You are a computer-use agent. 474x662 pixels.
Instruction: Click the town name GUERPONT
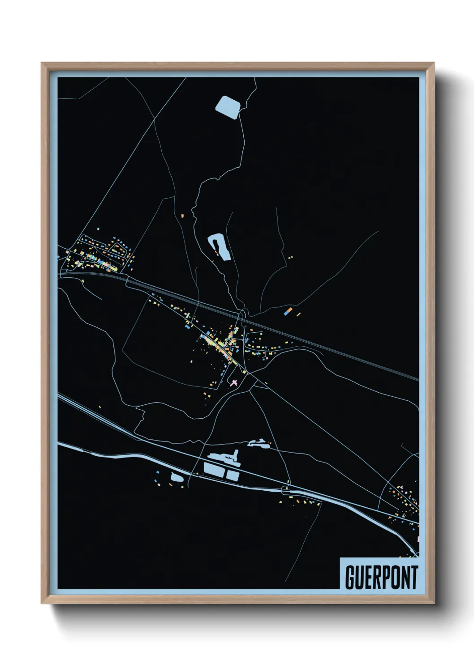click(381, 577)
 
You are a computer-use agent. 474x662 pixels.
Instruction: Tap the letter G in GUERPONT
click(350, 577)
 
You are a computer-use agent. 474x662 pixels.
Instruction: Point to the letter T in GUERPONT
click(414, 577)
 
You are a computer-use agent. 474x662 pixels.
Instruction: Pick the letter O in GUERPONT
click(391, 577)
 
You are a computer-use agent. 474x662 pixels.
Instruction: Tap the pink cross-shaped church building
click(233, 382)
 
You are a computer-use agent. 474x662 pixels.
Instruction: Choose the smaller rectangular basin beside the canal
click(232, 475)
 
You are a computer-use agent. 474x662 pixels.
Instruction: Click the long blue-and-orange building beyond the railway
click(289, 310)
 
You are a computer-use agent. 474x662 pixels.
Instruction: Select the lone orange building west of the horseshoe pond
click(182, 216)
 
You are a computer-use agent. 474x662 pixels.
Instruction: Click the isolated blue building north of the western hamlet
click(98, 229)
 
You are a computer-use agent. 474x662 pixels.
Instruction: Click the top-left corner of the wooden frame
click(42, 63)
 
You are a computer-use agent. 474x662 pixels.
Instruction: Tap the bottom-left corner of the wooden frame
click(42, 603)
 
